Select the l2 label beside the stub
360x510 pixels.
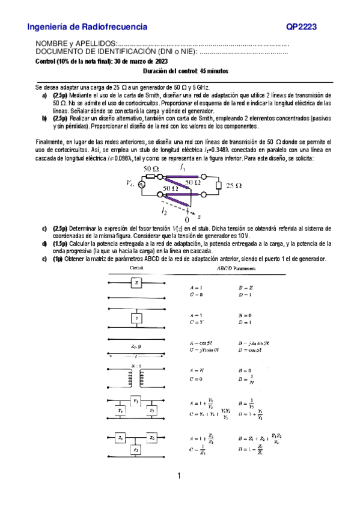(163, 210)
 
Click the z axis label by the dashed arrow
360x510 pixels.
(200, 215)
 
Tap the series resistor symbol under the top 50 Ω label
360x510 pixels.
(151, 177)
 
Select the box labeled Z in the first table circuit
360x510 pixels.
(137, 281)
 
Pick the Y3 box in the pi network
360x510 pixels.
(136, 400)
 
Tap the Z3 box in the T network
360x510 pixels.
(136, 449)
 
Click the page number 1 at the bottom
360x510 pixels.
(179, 477)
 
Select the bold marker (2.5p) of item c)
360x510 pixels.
(60, 229)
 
